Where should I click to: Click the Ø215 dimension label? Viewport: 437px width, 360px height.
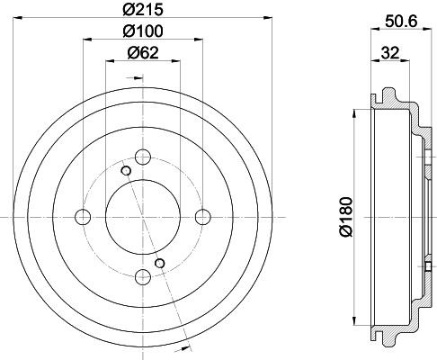click(143, 9)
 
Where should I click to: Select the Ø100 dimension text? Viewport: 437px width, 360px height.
click(143, 31)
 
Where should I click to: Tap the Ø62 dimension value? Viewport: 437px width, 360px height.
click(143, 53)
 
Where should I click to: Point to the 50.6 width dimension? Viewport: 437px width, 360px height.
click(401, 22)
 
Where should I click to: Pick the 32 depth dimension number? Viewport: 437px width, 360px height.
click(390, 53)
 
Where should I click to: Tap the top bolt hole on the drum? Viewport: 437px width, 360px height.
click(143, 157)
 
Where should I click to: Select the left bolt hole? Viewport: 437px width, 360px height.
click(83, 217)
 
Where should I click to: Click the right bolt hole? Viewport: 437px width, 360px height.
click(203, 217)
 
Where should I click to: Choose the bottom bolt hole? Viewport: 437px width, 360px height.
click(143, 277)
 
